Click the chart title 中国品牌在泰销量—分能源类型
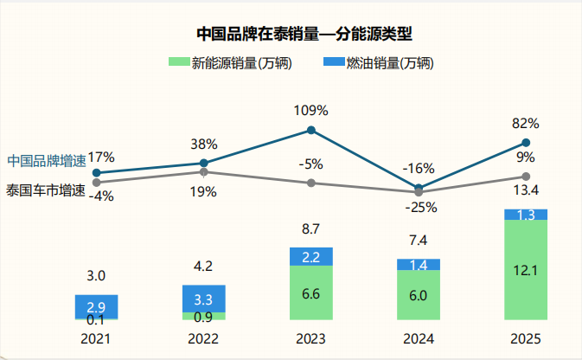pos(304,35)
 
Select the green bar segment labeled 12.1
pos(526,270)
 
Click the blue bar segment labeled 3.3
pos(203,299)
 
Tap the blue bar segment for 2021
pos(95,306)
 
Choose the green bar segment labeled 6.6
pos(310,292)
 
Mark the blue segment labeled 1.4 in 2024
pos(419,264)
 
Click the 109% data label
pos(311,111)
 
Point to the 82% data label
pos(526,123)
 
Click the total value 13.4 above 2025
pos(526,190)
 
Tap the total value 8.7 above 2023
pos(310,229)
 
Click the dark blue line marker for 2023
pos(311,132)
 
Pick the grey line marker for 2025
pos(526,176)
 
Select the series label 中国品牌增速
pos(47,161)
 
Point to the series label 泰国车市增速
pos(47,189)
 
